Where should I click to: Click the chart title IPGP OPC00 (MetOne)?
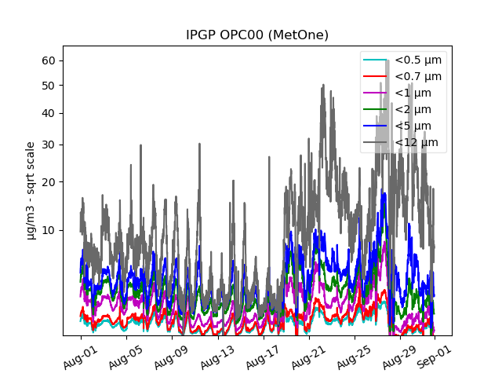257,35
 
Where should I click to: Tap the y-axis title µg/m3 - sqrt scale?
31,190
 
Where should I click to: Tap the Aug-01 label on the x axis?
81,354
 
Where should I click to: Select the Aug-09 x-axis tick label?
172,354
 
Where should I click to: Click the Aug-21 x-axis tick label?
309,354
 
